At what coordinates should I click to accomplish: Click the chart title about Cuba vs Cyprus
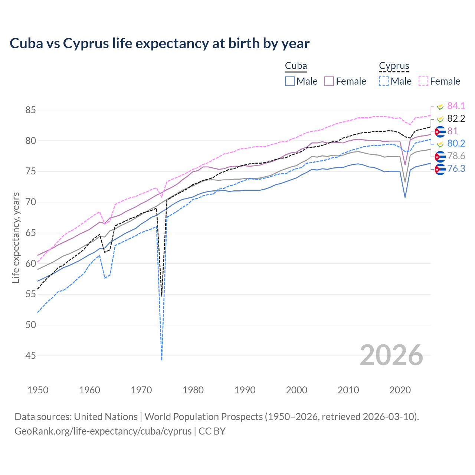click(160, 43)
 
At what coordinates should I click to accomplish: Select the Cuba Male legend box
click(290, 81)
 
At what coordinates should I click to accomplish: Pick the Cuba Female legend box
click(329, 81)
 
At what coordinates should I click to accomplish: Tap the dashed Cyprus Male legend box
click(384, 81)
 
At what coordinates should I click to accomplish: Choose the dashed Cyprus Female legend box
click(423, 81)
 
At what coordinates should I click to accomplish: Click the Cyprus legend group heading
click(394, 66)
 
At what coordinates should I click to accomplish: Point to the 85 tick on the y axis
click(31, 110)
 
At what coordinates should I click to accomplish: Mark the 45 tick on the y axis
click(31, 356)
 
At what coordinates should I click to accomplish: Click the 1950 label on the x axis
click(38, 390)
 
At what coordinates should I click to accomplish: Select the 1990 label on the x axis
click(245, 390)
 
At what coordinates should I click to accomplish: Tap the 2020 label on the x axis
click(400, 390)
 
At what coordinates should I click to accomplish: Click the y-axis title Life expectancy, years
click(16, 237)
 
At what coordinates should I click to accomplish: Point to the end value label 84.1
click(456, 106)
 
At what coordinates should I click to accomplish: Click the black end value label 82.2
click(456, 118)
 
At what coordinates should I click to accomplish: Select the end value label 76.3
click(456, 169)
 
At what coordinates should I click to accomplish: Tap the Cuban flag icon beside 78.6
click(440, 156)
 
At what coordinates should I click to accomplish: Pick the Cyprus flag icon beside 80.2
click(440, 144)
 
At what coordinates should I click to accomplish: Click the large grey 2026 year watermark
click(392, 356)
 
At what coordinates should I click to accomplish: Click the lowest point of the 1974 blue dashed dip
click(162, 359)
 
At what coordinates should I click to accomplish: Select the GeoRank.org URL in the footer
click(103, 431)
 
